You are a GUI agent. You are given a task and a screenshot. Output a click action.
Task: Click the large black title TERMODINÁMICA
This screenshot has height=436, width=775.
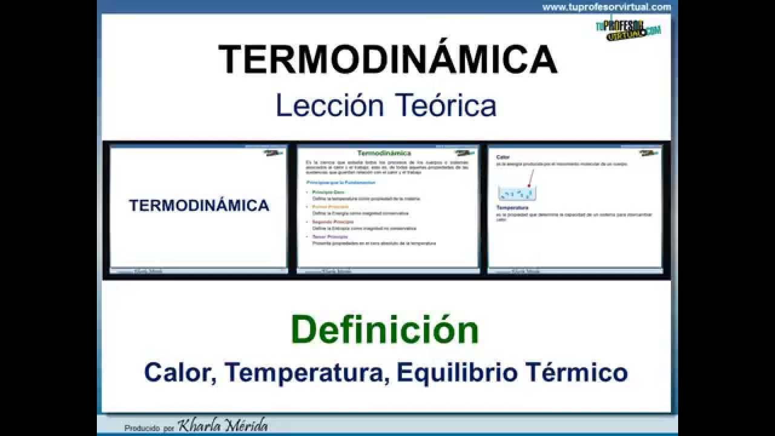(x=387, y=60)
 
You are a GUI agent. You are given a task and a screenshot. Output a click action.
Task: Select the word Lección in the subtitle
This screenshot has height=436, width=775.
(x=329, y=105)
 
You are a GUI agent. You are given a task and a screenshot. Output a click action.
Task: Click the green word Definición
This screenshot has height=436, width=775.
(x=385, y=330)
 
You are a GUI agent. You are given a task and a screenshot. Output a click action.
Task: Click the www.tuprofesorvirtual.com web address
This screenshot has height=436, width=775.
(x=606, y=7)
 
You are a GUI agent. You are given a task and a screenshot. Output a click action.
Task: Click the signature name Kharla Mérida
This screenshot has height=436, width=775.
(x=223, y=426)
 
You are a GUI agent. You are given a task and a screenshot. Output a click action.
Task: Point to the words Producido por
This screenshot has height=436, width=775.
(x=149, y=428)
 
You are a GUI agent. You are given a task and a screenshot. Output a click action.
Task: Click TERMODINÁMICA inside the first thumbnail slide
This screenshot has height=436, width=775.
(x=199, y=205)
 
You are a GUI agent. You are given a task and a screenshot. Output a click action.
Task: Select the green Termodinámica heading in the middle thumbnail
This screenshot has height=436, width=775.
(x=384, y=153)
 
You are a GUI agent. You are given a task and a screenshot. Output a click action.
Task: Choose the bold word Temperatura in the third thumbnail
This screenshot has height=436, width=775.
(x=509, y=208)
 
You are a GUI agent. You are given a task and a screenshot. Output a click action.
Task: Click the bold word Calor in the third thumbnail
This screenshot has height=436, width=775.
(x=503, y=157)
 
